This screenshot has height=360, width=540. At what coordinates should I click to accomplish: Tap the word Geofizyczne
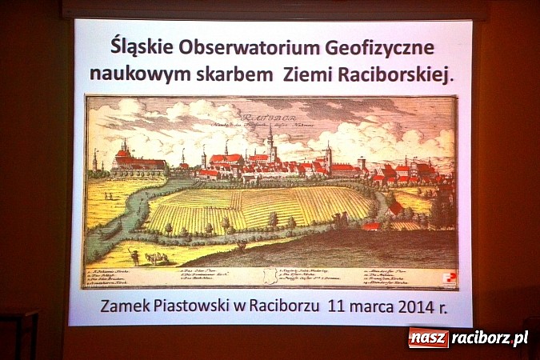[362, 47]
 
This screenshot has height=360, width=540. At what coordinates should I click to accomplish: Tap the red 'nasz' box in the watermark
[428, 338]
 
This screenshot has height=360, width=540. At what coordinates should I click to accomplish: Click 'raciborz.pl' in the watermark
[490, 338]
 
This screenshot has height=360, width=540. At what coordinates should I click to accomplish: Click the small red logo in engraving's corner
[450, 279]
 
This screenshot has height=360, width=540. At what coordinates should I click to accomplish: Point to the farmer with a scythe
[135, 257]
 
